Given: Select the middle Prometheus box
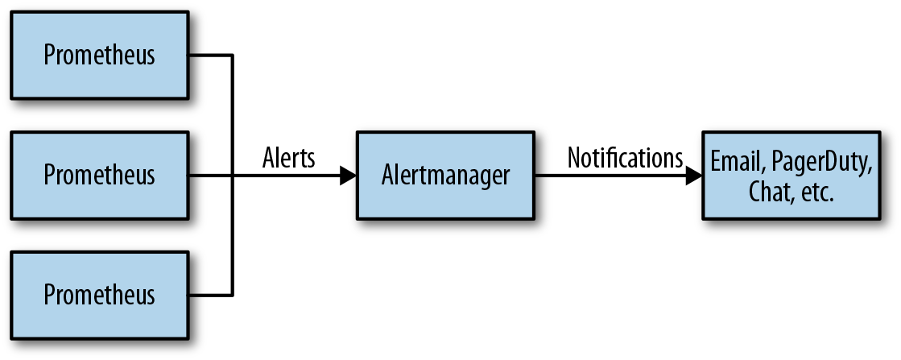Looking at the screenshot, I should [x=99, y=175].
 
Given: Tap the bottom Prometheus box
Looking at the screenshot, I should [x=99, y=294].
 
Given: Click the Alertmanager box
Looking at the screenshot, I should [x=445, y=175].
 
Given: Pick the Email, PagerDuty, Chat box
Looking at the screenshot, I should [x=791, y=175].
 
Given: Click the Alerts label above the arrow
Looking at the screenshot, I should [x=289, y=158].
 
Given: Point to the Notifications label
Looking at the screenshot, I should [x=625, y=157].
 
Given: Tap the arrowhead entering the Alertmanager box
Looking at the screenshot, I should [x=348, y=176].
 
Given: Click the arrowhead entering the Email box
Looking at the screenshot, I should [x=693, y=176].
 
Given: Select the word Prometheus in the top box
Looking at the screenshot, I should [x=99, y=56].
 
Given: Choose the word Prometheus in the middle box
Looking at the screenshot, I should [x=99, y=175].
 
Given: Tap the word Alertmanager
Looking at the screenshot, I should [x=445, y=175].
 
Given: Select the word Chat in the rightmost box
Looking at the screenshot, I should [x=766, y=192].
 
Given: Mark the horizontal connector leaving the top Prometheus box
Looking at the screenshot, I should [x=209, y=55].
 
